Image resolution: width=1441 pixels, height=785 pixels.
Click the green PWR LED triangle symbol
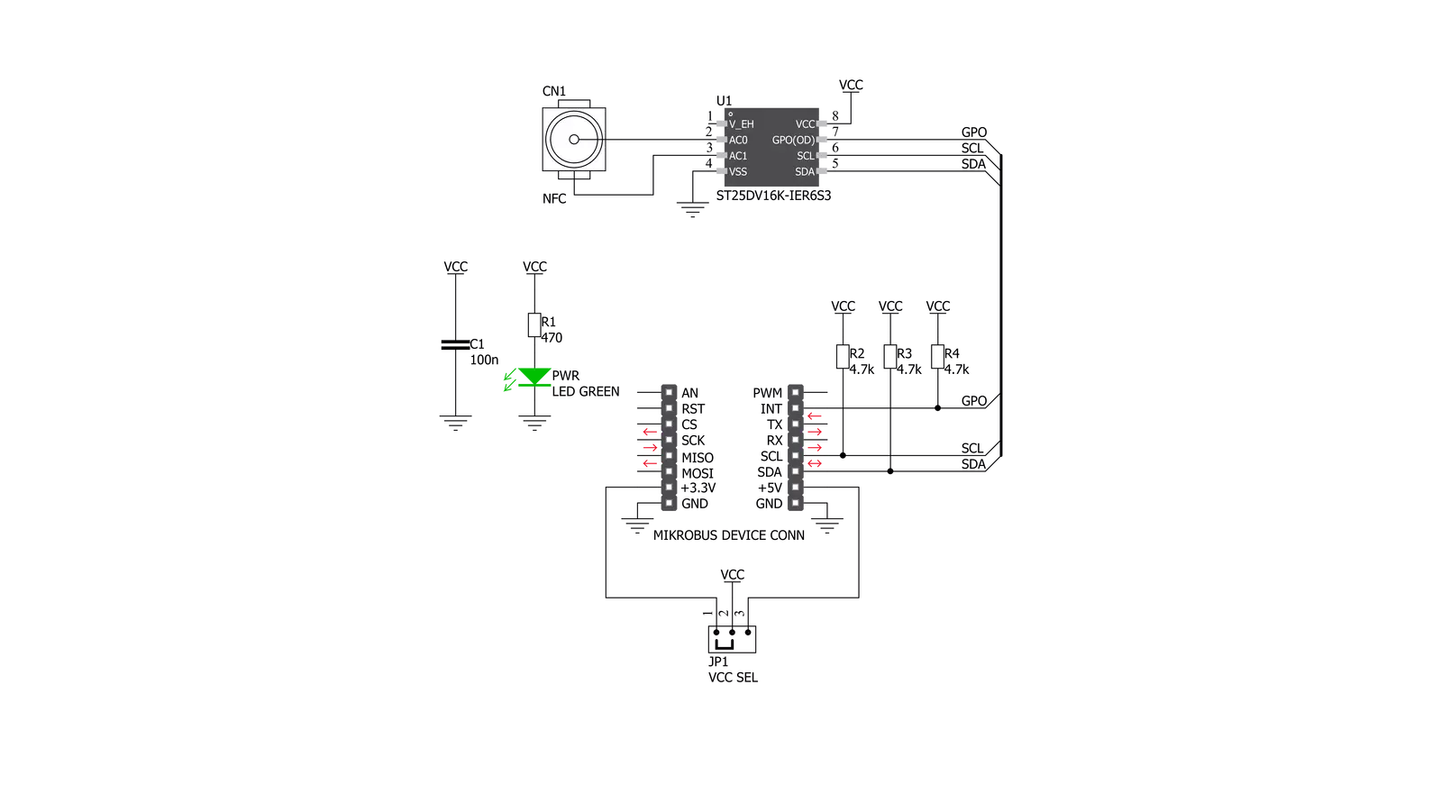tap(534, 377)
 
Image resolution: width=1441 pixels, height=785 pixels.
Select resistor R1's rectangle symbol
tap(534, 325)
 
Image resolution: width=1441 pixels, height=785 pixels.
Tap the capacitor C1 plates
tap(455, 345)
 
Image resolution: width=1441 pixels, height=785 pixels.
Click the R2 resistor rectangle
tap(843, 357)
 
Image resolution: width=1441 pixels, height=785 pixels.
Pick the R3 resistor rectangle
tap(890, 357)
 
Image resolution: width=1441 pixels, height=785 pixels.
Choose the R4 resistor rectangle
tap(938, 357)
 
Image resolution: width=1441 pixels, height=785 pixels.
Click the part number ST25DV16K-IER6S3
tap(773, 196)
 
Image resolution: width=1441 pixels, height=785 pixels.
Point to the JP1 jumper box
tap(732, 639)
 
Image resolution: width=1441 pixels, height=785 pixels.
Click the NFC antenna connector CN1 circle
tap(574, 140)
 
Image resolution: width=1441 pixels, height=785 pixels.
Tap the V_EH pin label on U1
tap(741, 124)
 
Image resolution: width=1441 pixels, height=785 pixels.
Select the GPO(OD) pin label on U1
tap(793, 141)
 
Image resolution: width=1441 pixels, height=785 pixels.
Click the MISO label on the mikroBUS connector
tap(698, 458)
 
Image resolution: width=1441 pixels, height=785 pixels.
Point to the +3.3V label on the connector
tap(698, 488)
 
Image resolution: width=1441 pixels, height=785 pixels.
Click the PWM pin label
tap(768, 393)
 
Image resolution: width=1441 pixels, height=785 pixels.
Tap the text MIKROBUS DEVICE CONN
tap(729, 535)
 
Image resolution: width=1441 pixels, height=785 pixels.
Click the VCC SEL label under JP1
tap(733, 678)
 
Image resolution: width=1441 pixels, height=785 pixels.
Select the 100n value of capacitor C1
tap(484, 361)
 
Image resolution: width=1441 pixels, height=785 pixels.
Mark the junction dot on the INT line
tap(938, 408)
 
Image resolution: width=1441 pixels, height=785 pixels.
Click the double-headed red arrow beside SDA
tap(815, 463)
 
